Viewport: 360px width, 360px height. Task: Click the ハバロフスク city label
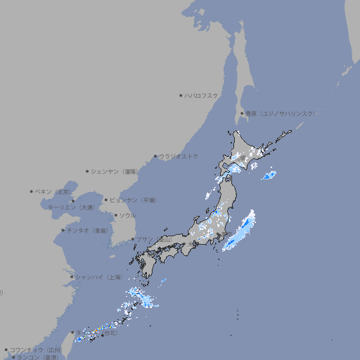pos(202,96)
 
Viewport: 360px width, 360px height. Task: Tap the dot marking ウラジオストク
pos(155,157)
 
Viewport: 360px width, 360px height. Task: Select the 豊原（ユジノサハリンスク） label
pos(280,113)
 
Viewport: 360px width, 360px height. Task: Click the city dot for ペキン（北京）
pos(32,191)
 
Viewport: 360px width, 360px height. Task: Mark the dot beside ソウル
pos(115,215)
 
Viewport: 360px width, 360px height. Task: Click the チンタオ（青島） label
pos(87,230)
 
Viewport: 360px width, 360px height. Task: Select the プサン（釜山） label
pos(153,239)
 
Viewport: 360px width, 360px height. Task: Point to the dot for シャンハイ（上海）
pos(72,276)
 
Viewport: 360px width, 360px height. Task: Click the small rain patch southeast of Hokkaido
pos(268,176)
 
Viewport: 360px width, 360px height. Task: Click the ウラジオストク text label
pos(179,157)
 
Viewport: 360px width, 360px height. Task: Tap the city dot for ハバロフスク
pos(181,96)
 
